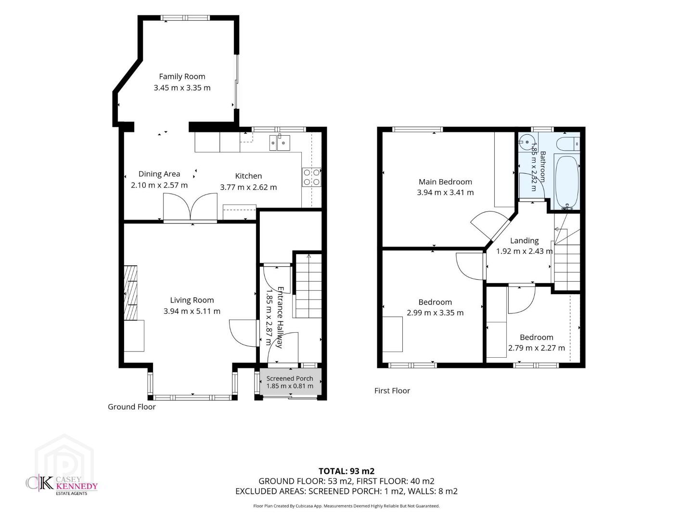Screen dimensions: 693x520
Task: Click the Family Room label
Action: [x=182, y=77]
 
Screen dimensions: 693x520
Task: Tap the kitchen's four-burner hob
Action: [x=311, y=177]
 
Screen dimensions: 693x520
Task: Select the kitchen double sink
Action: [x=280, y=143]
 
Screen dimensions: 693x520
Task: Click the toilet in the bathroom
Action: [x=568, y=143]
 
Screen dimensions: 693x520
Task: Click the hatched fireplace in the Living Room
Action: [x=130, y=293]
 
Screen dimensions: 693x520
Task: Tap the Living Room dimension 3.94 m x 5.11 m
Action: [x=192, y=312]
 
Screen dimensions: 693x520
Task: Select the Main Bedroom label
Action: [x=445, y=182]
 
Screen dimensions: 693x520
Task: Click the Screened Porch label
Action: [x=290, y=378]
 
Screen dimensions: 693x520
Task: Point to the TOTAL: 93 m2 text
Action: [x=346, y=471]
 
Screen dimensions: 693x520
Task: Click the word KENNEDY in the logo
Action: [x=77, y=486]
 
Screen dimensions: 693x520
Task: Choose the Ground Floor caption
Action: [x=132, y=407]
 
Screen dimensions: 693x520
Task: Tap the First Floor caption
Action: [x=392, y=390]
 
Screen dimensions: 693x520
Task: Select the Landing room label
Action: [x=525, y=241]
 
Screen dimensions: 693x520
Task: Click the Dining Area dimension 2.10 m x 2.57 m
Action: [x=159, y=185]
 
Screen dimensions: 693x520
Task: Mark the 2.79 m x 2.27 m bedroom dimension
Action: [x=537, y=348]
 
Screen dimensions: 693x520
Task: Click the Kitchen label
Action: [x=248, y=176]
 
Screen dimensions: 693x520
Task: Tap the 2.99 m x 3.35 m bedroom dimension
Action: [x=435, y=313]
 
